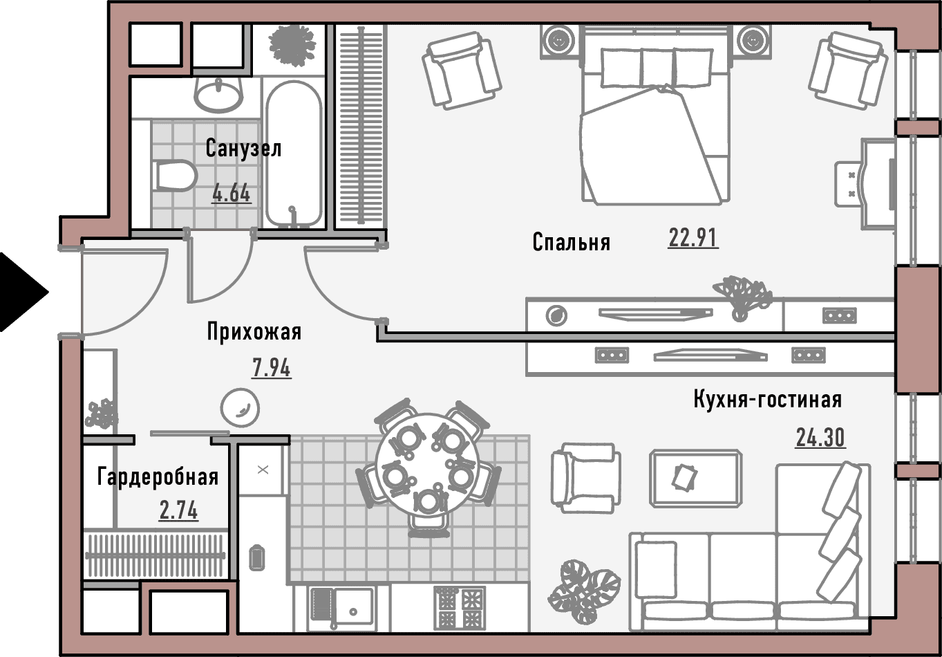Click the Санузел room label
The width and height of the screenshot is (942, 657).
pyautogui.click(x=243, y=149)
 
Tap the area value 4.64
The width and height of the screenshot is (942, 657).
pyautogui.click(x=232, y=194)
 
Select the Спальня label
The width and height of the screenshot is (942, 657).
pyautogui.click(x=571, y=243)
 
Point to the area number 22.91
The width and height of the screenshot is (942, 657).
pyautogui.click(x=693, y=238)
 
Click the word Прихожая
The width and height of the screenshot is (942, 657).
pyautogui.click(x=254, y=332)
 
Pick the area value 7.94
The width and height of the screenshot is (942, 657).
pyautogui.click(x=271, y=368)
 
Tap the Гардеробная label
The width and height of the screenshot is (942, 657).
pyautogui.click(x=158, y=477)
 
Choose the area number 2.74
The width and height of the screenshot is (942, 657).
pyautogui.click(x=178, y=511)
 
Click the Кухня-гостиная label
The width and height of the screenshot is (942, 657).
pyautogui.click(x=767, y=399)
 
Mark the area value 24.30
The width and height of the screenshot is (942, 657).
pyautogui.click(x=820, y=438)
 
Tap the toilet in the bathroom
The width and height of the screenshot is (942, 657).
pyautogui.click(x=176, y=176)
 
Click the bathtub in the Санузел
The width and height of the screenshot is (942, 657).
pyautogui.click(x=294, y=154)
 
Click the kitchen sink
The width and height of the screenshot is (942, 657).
pyautogui.click(x=341, y=609)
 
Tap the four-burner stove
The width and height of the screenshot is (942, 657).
pyautogui.click(x=459, y=609)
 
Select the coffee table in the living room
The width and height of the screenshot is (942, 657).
pyautogui.click(x=695, y=478)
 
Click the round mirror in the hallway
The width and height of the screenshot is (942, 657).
pyautogui.click(x=240, y=408)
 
